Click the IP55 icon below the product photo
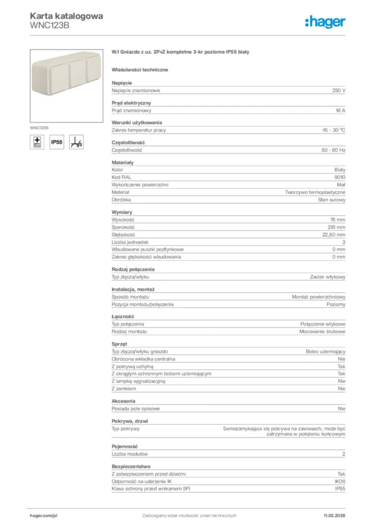pos(57,142)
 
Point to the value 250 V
pos(339,90)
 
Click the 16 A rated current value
pos(340,110)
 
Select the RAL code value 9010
pos(340,177)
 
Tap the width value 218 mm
pos(337,227)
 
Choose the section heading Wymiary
pos(122,212)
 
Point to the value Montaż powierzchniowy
pos(319,297)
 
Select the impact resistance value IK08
pos(340,481)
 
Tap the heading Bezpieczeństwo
pos(131,466)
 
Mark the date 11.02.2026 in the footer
pos(334,515)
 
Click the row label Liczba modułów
pos(129,454)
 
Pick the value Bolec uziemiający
pos(325,351)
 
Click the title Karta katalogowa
pos(66,16)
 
